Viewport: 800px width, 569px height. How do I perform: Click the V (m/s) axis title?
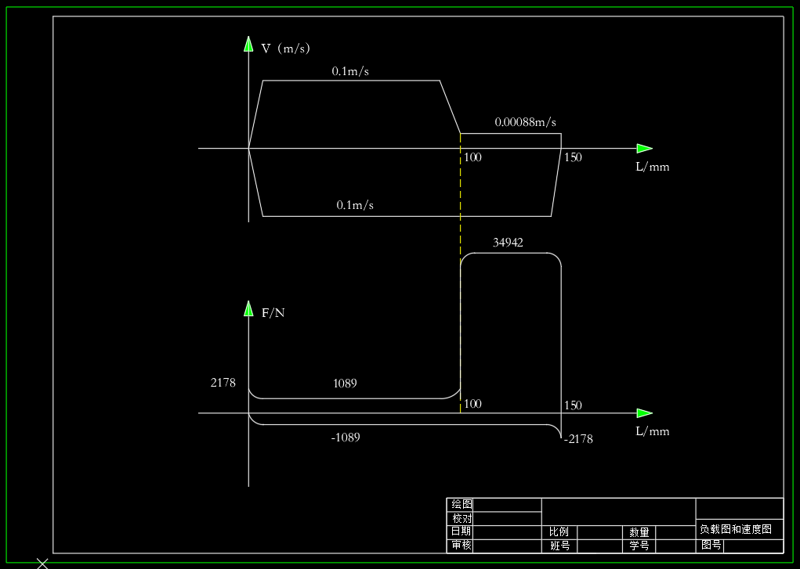coord(286,49)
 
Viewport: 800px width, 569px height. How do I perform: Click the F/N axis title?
coord(273,313)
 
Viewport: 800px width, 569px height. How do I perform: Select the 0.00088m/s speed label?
coord(526,122)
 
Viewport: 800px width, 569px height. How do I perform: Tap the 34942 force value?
coord(508,243)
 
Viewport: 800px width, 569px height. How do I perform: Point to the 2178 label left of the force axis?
coord(223,383)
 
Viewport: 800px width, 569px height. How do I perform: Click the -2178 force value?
coord(578,439)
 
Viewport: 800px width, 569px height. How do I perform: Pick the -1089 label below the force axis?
coord(346,438)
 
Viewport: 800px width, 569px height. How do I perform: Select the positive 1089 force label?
coord(345,384)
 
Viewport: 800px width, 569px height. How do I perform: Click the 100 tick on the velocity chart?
coord(472,157)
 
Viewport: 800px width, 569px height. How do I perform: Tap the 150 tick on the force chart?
coord(573,405)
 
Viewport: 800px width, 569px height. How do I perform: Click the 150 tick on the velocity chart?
coord(573,157)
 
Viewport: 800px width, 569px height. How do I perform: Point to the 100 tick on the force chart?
coord(472,404)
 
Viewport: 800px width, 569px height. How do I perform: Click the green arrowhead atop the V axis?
coord(248,44)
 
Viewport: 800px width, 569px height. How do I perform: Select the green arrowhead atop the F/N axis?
coord(248,308)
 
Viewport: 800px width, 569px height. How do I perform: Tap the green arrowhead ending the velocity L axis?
coord(645,149)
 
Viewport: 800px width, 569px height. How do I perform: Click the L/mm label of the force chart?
coord(653,431)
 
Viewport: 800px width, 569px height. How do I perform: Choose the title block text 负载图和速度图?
coord(736,529)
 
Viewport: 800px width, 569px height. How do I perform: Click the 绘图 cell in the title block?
coord(462,504)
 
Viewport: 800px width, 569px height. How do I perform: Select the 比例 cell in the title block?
coord(559,531)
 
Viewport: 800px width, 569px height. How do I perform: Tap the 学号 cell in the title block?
coord(639,546)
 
